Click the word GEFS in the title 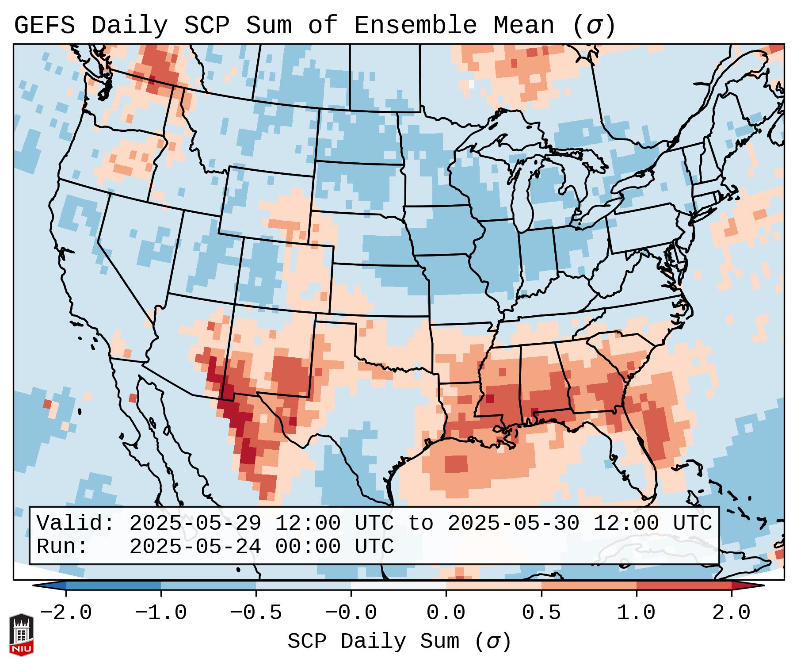[44, 26]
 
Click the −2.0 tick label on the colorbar [66, 613]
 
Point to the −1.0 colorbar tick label [161, 613]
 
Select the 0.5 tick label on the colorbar [542, 613]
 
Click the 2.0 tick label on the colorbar [732, 613]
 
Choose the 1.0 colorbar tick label [637, 613]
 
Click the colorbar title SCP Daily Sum [374, 642]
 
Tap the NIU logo [21, 635]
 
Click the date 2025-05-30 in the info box [513, 523]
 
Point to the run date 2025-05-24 [195, 547]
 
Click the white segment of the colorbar [398, 586]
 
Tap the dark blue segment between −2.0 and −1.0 [113, 586]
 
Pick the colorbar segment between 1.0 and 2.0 [684, 586]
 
